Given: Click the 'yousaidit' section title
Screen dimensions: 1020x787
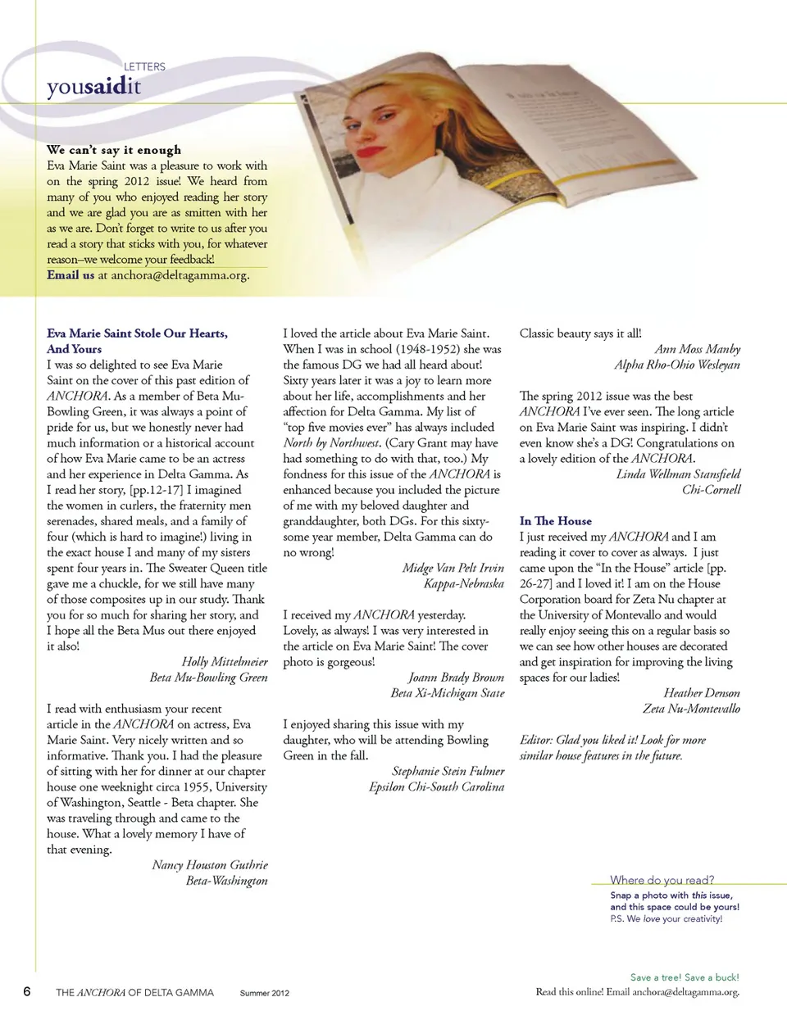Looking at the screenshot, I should click(93, 87).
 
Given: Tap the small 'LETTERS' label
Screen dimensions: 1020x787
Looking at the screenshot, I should click(144, 66).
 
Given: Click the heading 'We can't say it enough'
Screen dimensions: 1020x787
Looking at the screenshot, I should click(114, 150).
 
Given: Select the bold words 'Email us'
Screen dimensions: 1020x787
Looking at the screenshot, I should click(71, 275).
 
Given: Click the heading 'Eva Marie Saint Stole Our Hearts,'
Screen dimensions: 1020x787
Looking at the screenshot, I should click(137, 333).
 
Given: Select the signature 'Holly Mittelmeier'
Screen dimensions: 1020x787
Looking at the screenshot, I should click(224, 662).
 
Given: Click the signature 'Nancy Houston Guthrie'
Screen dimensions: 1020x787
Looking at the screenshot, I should click(209, 865).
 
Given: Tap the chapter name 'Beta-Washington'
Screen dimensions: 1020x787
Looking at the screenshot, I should click(226, 881).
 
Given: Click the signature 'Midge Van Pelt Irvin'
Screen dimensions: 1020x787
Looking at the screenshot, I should click(453, 568).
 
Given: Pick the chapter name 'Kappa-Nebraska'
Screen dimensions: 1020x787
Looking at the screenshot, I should click(463, 583).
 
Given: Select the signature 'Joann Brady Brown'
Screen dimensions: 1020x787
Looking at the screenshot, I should click(456, 678).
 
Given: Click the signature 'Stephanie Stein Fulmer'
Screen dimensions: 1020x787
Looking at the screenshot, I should click(448, 771).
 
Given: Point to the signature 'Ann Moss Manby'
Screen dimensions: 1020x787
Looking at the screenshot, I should click(697, 349).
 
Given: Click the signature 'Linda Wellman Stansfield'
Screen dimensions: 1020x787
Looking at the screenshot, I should click(678, 474).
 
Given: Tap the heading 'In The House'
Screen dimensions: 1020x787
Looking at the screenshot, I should click(555, 521).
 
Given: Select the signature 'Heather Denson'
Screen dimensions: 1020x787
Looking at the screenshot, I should click(701, 693).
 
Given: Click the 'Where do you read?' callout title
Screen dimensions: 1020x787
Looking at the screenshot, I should click(662, 880).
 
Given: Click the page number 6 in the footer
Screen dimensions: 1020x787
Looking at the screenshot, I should click(27, 992).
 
